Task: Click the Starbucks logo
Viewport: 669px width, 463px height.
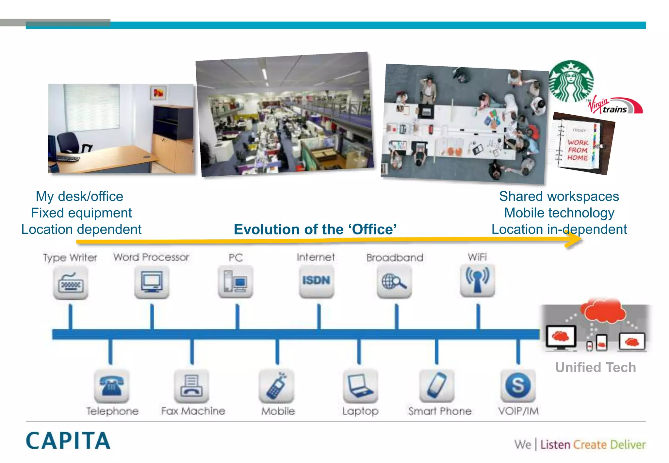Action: [x=571, y=81]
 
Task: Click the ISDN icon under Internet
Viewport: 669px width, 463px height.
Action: [x=316, y=280]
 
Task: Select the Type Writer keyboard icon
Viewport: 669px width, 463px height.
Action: [x=71, y=282]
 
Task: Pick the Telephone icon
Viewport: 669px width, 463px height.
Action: [x=111, y=386]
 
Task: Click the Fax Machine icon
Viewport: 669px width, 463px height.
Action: [x=192, y=386]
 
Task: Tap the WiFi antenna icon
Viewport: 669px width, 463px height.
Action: [x=477, y=280]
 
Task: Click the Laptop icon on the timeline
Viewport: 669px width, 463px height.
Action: [x=360, y=386]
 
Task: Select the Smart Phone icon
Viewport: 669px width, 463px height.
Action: [x=437, y=386]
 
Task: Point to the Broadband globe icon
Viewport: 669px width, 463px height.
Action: [x=394, y=281]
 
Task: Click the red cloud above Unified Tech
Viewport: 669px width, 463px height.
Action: [x=604, y=310]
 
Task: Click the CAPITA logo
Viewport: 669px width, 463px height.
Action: [x=68, y=441]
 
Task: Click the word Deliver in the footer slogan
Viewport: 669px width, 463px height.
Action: [x=628, y=445]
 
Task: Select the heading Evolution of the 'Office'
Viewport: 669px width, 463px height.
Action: [x=315, y=229]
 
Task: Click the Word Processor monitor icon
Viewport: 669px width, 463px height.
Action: [x=152, y=282]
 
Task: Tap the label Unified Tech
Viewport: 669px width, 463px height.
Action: [x=596, y=367]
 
